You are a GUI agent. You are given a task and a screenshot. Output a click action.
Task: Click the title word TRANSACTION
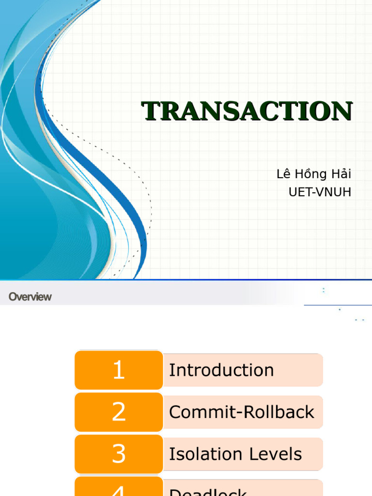(247, 111)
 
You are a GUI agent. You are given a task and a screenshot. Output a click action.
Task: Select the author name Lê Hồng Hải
(314, 174)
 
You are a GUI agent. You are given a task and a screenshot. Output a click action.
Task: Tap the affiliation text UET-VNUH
(320, 192)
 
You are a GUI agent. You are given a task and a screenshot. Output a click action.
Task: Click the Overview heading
(30, 297)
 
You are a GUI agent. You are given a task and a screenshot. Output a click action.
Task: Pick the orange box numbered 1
(119, 371)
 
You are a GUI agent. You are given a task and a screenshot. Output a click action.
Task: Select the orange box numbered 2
(119, 412)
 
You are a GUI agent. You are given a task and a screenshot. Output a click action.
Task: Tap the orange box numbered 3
(119, 454)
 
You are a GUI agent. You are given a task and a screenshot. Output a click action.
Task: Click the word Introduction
(221, 371)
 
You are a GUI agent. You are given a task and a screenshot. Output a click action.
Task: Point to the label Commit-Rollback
(242, 412)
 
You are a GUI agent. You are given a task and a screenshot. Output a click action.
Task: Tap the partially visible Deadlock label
(208, 492)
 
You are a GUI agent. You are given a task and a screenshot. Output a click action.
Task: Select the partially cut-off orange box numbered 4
(119, 489)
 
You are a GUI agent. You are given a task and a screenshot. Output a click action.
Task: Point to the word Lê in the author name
(283, 174)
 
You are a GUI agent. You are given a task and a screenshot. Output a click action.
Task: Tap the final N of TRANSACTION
(341, 111)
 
